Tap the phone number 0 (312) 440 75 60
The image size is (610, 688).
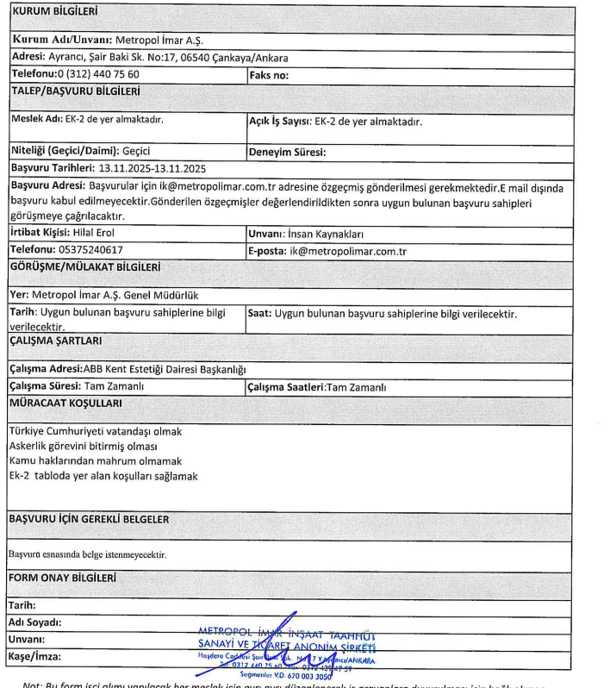100,74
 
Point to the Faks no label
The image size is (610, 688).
270,74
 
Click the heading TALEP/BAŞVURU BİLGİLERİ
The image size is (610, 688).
74,90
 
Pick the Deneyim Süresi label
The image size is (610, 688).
285,152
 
